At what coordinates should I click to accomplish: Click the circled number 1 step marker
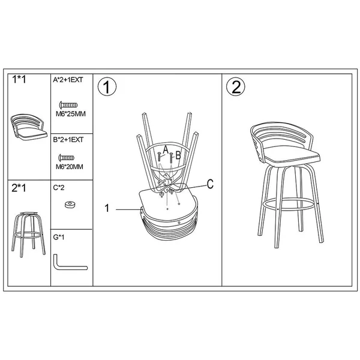(x=107, y=87)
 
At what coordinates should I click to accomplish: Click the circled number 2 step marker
(x=236, y=87)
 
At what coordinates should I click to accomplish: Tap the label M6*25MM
(x=71, y=114)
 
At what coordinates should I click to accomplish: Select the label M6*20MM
(x=70, y=167)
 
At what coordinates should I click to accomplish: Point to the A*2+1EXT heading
(x=68, y=80)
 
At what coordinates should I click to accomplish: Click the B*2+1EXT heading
(x=68, y=140)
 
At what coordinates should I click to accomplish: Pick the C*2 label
(x=59, y=188)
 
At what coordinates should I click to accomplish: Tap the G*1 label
(x=59, y=237)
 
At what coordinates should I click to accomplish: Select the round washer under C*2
(x=70, y=205)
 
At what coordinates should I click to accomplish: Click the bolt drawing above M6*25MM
(x=68, y=105)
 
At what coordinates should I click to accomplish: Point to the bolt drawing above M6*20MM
(x=67, y=158)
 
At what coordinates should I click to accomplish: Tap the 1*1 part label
(x=19, y=79)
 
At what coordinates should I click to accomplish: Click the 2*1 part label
(x=19, y=188)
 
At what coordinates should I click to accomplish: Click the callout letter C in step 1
(x=210, y=184)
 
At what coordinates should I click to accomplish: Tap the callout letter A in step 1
(x=166, y=150)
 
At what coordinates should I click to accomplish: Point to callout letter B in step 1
(x=178, y=155)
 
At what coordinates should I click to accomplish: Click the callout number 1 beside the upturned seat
(x=107, y=208)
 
